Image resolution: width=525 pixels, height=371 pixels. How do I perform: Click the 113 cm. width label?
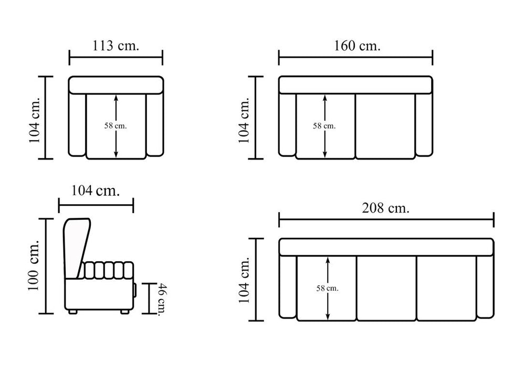[115, 45]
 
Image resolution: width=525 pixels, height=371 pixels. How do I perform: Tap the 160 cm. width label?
[357, 45]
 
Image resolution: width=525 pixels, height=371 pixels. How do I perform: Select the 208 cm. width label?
[386, 208]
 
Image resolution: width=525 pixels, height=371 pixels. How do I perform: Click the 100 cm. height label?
[34, 266]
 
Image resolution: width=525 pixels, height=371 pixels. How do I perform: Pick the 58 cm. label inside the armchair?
[115, 126]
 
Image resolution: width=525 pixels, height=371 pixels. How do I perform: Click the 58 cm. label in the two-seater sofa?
[324, 126]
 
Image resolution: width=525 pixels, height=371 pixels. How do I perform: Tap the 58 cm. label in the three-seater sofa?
[328, 288]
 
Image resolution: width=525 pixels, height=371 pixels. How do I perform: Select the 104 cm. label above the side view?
[96, 190]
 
